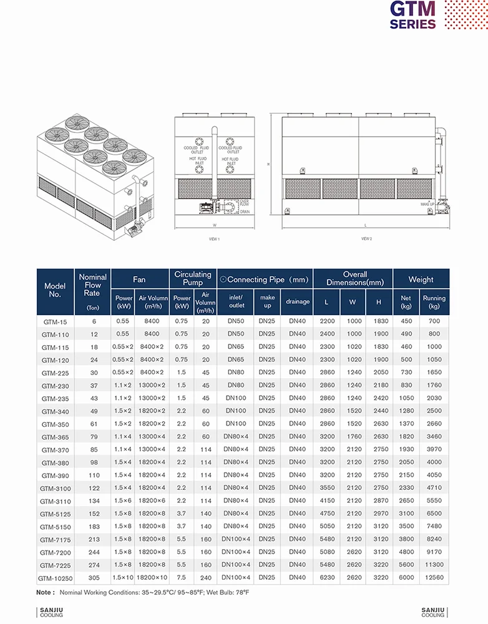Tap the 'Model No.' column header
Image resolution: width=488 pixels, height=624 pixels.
click(x=54, y=290)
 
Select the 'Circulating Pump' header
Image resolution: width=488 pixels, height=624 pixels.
click(x=192, y=278)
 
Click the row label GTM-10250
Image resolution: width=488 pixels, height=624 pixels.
click(x=55, y=578)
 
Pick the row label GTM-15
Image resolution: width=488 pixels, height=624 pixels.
click(x=55, y=321)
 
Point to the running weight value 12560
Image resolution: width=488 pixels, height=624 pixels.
click(x=434, y=578)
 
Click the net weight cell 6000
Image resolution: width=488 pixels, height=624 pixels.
click(x=406, y=578)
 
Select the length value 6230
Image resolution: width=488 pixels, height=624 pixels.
click(x=327, y=578)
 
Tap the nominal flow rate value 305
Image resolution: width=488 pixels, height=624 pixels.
click(x=92, y=578)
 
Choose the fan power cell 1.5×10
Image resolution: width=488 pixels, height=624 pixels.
click(x=124, y=578)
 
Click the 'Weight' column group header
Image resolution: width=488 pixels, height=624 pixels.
click(x=421, y=280)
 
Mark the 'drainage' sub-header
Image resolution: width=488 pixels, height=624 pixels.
click(x=298, y=301)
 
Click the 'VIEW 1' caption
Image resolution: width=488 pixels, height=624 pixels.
click(x=214, y=239)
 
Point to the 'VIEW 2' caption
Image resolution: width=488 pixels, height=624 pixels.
click(x=366, y=238)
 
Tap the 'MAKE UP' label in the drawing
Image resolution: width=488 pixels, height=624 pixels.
click(x=427, y=204)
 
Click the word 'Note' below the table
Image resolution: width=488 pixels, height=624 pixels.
click(x=45, y=592)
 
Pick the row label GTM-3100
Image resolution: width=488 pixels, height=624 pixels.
click(x=55, y=488)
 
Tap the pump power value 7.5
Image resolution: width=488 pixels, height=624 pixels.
click(x=182, y=578)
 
